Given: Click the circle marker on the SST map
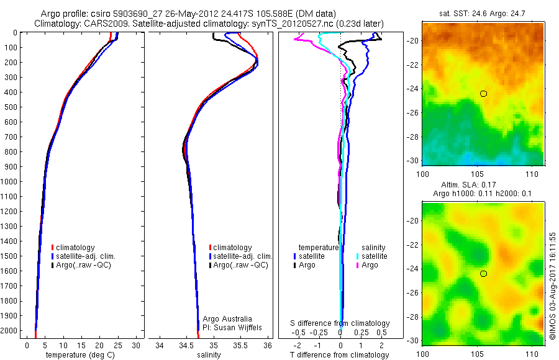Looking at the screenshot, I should pos(483,94).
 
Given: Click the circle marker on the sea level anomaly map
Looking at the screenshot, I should pos(483,274).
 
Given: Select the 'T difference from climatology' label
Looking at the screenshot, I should pos(340,355).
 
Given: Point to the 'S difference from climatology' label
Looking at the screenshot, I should pos(340,323).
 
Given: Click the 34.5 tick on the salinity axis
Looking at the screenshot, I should pos(186,345).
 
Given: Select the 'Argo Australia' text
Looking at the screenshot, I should pos(227,319).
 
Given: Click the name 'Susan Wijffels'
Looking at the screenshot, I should pos(239,327).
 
